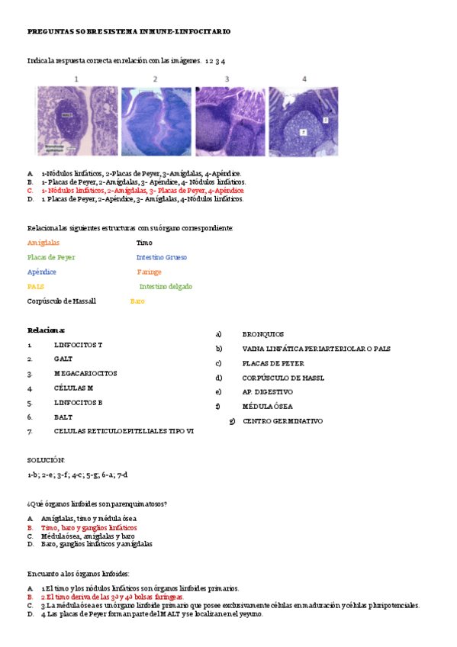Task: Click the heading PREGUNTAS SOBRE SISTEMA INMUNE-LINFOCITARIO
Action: (x=129, y=31)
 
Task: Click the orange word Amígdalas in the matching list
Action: (x=43, y=243)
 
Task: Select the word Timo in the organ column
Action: (x=144, y=243)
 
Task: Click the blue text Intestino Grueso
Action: (x=162, y=257)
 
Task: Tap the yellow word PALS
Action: (x=35, y=286)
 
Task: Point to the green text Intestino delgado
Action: (x=166, y=286)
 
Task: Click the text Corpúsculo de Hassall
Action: (x=62, y=301)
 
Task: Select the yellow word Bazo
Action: (x=137, y=301)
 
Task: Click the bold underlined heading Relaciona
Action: (x=47, y=330)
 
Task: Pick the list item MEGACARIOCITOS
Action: (x=85, y=374)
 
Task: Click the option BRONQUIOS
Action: (x=263, y=334)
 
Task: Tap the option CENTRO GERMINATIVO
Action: (x=282, y=421)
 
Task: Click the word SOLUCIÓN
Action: (x=46, y=460)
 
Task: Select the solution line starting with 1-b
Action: (x=77, y=475)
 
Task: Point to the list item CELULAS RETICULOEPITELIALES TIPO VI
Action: (x=124, y=431)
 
